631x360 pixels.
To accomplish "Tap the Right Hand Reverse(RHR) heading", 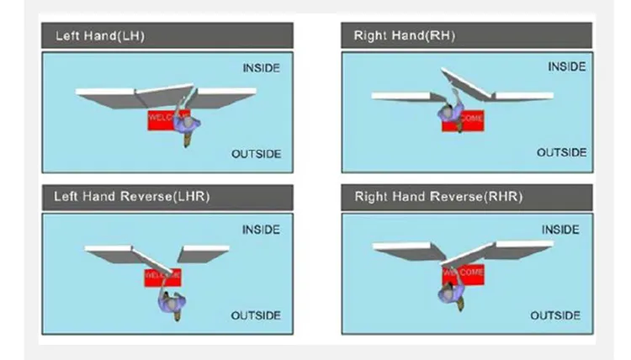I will [438, 197].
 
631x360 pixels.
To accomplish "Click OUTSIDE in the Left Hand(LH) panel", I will [256, 154].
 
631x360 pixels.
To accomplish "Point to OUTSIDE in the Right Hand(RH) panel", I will [561, 152].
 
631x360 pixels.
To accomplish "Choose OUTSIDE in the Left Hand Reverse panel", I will [257, 315].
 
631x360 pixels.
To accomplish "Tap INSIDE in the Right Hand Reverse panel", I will [560, 230].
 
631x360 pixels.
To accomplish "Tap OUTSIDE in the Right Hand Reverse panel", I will [555, 315].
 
